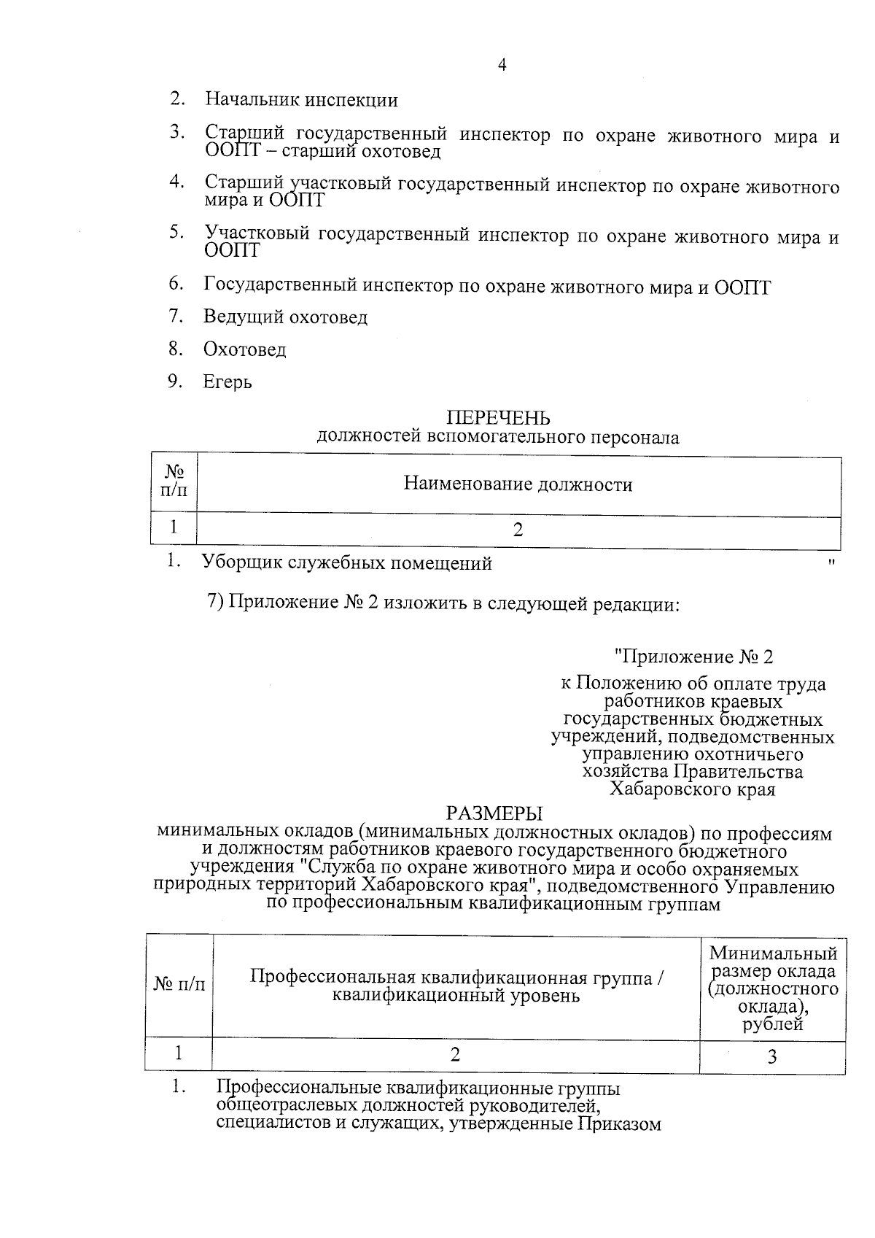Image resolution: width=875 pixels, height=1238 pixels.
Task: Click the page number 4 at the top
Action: (501, 65)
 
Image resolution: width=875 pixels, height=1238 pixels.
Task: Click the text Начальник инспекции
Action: (301, 100)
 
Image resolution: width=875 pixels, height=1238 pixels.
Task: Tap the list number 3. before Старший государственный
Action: (176, 132)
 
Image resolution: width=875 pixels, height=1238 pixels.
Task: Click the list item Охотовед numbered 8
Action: (244, 350)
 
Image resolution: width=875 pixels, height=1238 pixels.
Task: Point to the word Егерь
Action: (227, 382)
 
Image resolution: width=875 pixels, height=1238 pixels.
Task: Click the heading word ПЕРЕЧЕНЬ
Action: (498, 418)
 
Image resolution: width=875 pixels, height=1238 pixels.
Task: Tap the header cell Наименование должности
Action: (518, 484)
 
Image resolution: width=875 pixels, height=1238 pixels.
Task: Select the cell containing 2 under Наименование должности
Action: (518, 530)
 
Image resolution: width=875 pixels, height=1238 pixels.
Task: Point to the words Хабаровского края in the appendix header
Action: (692, 789)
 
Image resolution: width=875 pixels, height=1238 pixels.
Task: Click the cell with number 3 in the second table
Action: (772, 1056)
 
